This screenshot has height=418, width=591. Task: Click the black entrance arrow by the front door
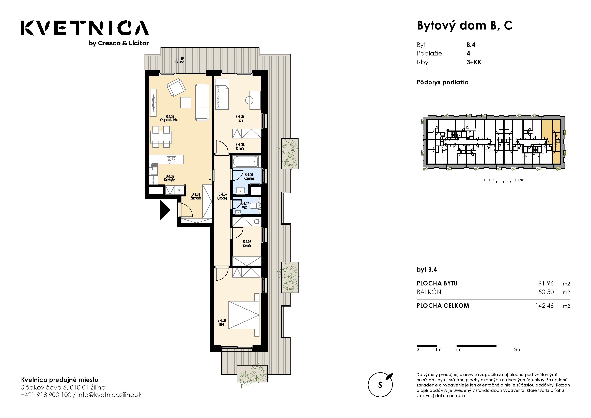pos(165,210)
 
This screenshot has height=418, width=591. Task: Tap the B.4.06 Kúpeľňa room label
pos(249,176)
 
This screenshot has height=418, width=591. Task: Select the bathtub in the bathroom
pos(246,162)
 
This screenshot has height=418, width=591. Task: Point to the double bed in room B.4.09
pos(244,315)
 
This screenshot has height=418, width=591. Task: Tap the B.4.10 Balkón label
pos(180,60)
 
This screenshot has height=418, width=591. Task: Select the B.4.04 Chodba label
pos(222,196)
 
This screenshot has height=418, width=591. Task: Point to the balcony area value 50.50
pos(546,292)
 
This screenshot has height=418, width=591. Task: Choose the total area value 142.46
pos(544,306)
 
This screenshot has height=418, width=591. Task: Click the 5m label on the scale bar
pos(516,350)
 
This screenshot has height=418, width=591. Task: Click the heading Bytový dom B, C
pos(465,26)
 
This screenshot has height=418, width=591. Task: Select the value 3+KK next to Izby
pos(474,62)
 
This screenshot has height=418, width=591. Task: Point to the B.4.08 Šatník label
pos(247,244)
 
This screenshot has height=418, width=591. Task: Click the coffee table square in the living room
pos(186,103)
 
